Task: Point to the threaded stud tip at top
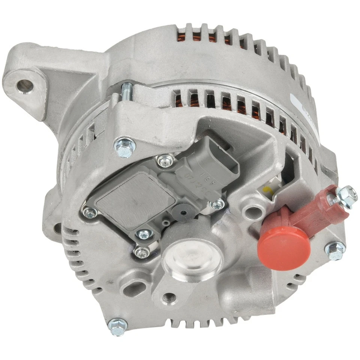coord(126,87)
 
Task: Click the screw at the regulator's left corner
coord(89,212)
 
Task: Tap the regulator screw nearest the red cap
coord(217,205)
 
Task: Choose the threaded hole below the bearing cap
coord(169,298)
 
